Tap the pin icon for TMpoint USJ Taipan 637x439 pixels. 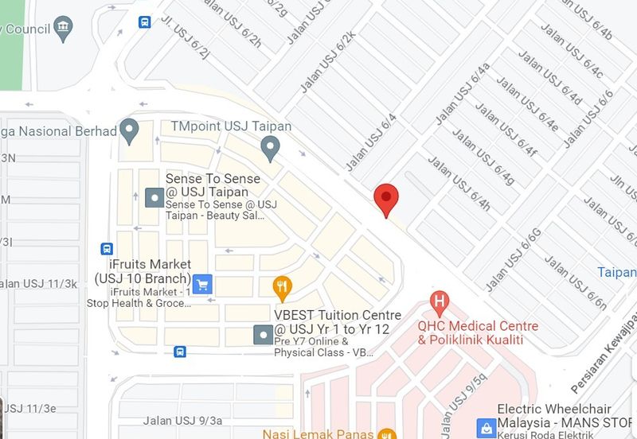coord(271,146)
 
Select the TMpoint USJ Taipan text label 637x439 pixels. coord(232,126)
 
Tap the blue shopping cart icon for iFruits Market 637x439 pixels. coord(202,282)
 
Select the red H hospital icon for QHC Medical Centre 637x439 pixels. coord(437,301)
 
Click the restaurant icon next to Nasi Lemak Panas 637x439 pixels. coord(387,434)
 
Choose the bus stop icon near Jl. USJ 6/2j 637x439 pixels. coord(144,22)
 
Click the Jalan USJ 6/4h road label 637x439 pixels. coord(459,185)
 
